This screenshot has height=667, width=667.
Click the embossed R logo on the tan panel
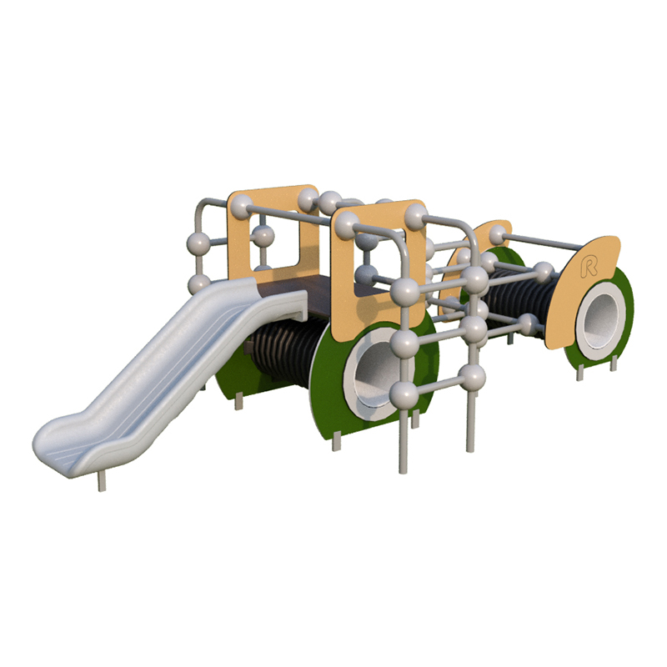pyautogui.click(x=589, y=266)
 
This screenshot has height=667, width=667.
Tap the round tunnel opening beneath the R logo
pyautogui.click(x=600, y=317)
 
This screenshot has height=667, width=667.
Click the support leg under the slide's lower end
pyautogui.click(x=102, y=481)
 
